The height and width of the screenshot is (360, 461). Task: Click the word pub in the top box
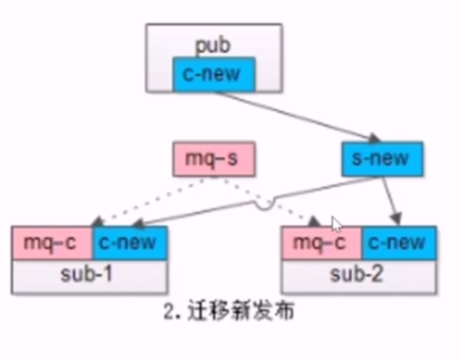pyautogui.click(x=213, y=46)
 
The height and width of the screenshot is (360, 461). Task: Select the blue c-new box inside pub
pyautogui.click(x=214, y=74)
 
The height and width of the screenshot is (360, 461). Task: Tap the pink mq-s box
pyautogui.click(x=214, y=160)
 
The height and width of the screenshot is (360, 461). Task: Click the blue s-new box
pyautogui.click(x=382, y=159)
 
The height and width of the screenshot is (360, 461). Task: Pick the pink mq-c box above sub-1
pyautogui.click(x=51, y=243)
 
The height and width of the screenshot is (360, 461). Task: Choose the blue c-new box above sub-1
pyautogui.click(x=129, y=243)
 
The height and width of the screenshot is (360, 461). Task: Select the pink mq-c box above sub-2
pyautogui.click(x=322, y=243)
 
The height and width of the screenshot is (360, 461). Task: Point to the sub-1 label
pyautogui.click(x=89, y=275)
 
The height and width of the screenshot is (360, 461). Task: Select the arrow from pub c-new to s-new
pyautogui.click(x=293, y=113)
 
